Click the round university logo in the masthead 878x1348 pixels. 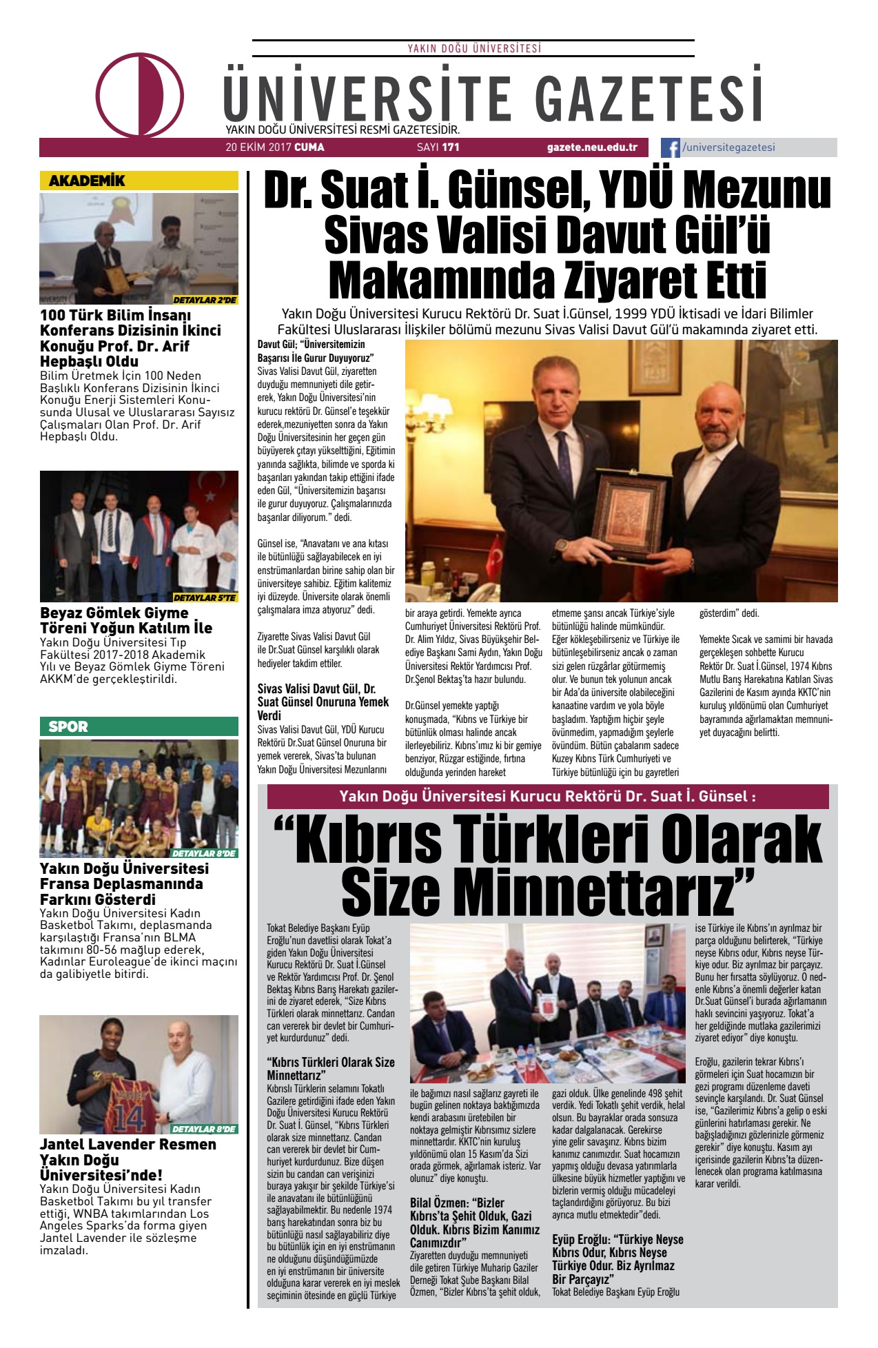tap(140, 94)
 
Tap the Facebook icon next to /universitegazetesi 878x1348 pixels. tap(671, 147)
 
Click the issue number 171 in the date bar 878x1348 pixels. tap(451, 147)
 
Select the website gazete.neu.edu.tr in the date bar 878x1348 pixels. tap(592, 147)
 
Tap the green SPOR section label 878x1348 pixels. tap(68, 726)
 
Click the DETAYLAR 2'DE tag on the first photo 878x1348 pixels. tap(205, 300)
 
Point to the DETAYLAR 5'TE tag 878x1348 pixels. tap(205, 598)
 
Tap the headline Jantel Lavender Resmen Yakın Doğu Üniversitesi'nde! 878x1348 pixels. tap(127, 1159)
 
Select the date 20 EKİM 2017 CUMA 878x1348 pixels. tap(274, 147)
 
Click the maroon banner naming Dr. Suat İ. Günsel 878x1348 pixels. tap(547, 797)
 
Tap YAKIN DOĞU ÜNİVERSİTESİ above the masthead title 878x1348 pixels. tap(473, 48)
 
